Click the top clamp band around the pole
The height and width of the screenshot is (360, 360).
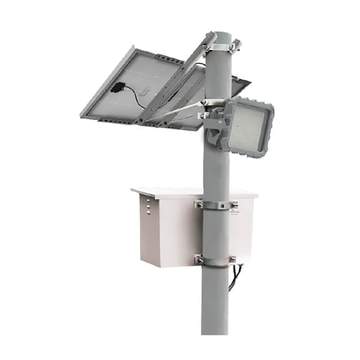218,48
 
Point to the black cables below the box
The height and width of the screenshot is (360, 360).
239,271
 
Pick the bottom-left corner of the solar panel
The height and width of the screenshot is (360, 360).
82,115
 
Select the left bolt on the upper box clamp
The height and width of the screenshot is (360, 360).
199,205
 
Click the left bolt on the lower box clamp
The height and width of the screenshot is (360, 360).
198,260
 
